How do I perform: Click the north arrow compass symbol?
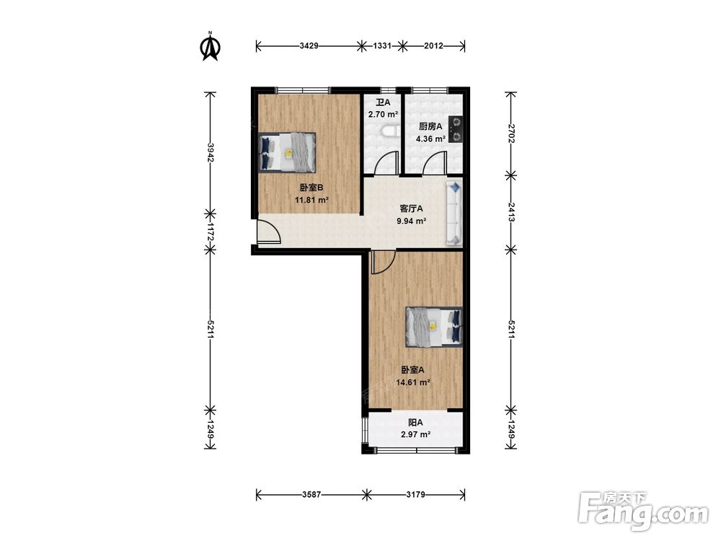(211, 46)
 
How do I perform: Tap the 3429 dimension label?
(309, 45)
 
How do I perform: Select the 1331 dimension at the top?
(382, 45)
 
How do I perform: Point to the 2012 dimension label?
(433, 45)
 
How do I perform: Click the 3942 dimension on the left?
(211, 152)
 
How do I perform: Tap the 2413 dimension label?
(511, 212)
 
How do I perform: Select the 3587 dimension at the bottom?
(311, 495)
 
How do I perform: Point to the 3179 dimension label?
(416, 495)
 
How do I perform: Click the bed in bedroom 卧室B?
(288, 152)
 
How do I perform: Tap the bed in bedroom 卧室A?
(434, 327)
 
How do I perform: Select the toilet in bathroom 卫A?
(390, 132)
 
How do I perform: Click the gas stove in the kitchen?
(456, 129)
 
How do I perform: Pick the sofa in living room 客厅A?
(454, 213)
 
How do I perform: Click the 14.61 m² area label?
(413, 382)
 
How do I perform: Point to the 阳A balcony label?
(416, 422)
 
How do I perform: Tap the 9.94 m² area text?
(412, 221)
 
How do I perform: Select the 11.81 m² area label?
(311, 200)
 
